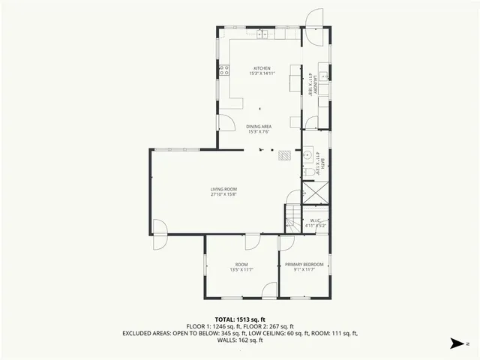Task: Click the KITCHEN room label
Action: point(261,67)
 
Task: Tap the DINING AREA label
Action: point(259,126)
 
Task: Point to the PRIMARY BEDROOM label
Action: point(304,264)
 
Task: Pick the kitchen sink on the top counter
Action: point(262,34)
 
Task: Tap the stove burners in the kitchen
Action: point(223,70)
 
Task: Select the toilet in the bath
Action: point(309,173)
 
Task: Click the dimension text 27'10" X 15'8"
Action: point(223,194)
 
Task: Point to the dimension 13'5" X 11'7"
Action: point(241,269)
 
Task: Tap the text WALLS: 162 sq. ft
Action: point(240,340)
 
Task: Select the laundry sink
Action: point(324,76)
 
